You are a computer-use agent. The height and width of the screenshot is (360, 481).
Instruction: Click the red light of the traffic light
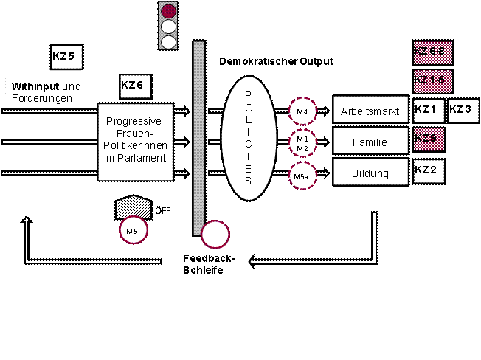[x=169, y=11]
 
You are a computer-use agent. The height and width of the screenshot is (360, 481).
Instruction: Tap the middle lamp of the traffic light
[x=169, y=27]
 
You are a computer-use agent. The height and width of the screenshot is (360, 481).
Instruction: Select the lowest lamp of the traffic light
[x=169, y=41]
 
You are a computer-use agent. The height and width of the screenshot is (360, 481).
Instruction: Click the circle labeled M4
[x=301, y=111]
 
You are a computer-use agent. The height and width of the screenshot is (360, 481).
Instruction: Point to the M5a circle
[x=301, y=176]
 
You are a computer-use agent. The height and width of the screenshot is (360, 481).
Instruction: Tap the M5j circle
[x=134, y=231]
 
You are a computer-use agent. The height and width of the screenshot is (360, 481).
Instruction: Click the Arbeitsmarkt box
[x=370, y=111]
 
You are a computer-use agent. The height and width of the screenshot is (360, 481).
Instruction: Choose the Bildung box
[x=370, y=173]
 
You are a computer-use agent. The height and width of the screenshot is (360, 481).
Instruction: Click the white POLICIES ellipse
[x=248, y=138]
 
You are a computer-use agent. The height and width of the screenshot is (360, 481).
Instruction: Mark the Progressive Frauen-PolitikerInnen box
[x=135, y=141]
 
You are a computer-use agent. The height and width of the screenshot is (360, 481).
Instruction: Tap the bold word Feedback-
[x=209, y=259]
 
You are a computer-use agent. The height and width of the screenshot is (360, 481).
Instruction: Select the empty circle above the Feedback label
[x=215, y=235]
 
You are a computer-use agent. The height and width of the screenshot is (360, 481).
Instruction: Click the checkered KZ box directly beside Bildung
[x=429, y=171]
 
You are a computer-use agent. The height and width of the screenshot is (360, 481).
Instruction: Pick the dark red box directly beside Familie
[x=429, y=139]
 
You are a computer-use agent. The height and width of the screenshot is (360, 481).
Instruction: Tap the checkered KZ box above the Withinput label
[x=66, y=56]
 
